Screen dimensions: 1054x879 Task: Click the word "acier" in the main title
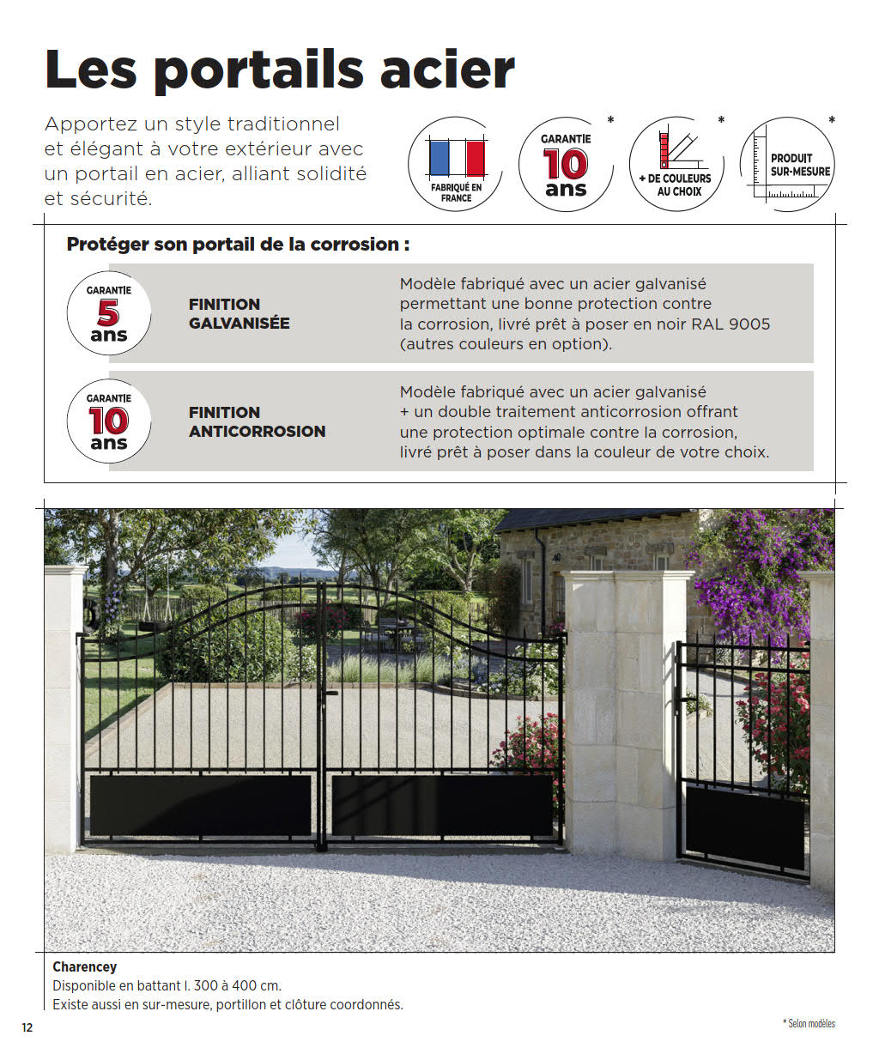click(446, 70)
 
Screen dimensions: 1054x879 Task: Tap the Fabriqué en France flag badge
click(456, 165)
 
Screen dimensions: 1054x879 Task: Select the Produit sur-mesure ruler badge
click(788, 165)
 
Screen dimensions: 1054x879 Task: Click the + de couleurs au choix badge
click(676, 165)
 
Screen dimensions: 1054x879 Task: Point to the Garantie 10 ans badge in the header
click(566, 165)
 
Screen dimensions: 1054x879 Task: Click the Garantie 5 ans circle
click(108, 313)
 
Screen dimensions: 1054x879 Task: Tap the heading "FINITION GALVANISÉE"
click(239, 313)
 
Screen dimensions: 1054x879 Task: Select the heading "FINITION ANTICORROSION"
click(257, 421)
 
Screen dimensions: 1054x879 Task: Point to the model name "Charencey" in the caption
click(84, 966)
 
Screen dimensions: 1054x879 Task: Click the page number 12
click(27, 1027)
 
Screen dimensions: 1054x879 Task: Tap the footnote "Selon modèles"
click(810, 1023)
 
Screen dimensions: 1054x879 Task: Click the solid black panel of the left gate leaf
click(200, 804)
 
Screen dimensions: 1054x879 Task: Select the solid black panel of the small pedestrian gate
click(744, 826)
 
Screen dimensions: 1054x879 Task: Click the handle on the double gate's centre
click(330, 692)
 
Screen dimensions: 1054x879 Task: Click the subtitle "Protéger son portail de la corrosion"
click(238, 245)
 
